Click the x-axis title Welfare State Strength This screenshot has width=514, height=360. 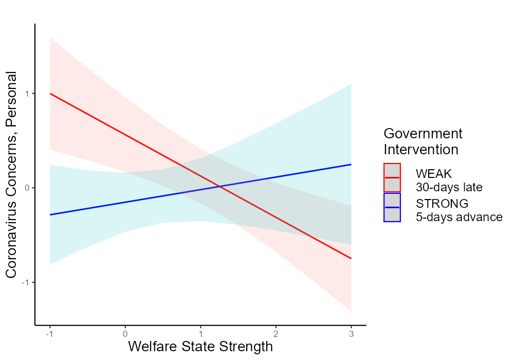click(x=200, y=347)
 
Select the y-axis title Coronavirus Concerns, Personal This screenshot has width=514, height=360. click(x=12, y=175)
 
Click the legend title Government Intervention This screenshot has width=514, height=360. click(x=423, y=141)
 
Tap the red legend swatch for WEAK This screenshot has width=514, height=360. click(x=392, y=177)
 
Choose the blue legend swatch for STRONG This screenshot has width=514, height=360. click(x=392, y=207)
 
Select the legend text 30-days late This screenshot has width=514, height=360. click(x=449, y=187)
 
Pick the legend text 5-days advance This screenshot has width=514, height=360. click(x=459, y=217)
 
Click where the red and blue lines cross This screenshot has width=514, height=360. click(x=219, y=186)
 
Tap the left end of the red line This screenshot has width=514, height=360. click(x=50, y=94)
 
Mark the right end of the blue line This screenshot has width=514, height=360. click(x=351, y=165)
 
